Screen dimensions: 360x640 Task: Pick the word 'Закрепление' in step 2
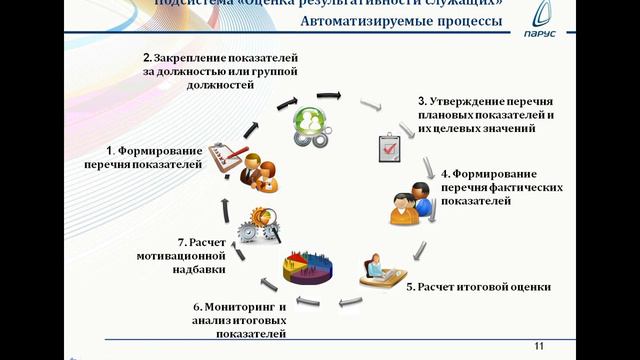click(186, 59)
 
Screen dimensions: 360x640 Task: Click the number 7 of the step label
click(179, 242)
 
